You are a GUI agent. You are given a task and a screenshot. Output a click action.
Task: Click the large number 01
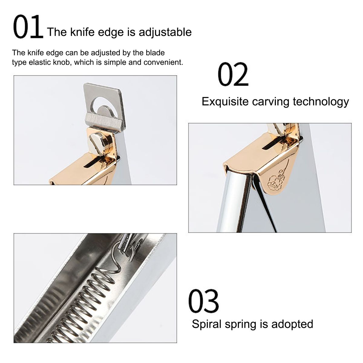[x=28, y=27]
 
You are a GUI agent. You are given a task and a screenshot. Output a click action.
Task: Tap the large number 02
[x=233, y=74]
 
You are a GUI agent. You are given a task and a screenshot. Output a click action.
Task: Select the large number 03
[x=204, y=301]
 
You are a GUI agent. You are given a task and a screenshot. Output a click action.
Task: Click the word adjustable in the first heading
[x=165, y=32]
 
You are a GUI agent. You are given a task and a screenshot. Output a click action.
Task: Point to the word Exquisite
[x=225, y=102]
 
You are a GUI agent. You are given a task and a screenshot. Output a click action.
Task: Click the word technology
[x=321, y=102]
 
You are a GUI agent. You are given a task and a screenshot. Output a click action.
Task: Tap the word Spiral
[x=207, y=324]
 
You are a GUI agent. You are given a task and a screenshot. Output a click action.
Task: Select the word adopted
[x=292, y=324]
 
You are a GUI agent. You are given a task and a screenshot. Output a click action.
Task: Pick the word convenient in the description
[x=163, y=62]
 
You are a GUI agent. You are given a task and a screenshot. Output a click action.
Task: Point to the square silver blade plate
[x=105, y=108]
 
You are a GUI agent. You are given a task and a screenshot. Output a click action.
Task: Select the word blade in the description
[x=155, y=53]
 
